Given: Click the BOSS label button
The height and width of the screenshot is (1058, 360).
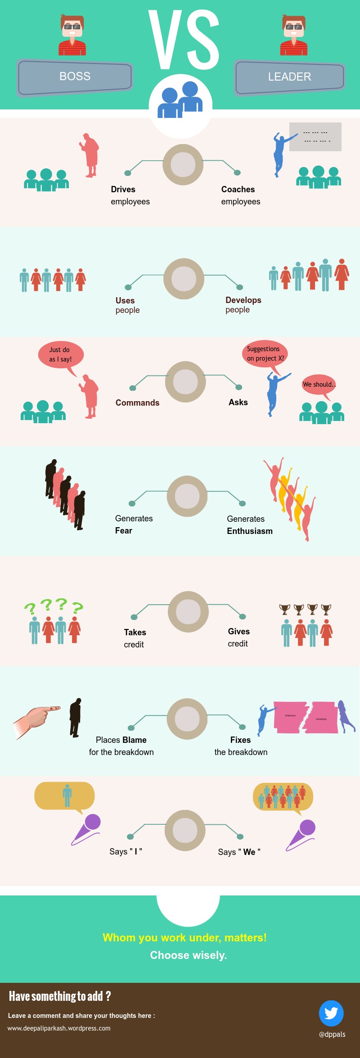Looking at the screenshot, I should click(75, 77).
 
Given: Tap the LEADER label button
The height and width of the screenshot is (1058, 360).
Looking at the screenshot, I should click(289, 77).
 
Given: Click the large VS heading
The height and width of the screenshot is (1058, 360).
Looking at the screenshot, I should click(184, 40).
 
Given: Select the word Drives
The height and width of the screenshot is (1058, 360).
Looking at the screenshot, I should click(123, 190).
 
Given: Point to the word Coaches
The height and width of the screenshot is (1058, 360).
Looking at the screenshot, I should click(238, 190).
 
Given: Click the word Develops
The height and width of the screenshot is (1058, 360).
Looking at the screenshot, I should click(243, 300).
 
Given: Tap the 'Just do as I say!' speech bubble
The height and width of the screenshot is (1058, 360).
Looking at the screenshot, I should click(60, 354).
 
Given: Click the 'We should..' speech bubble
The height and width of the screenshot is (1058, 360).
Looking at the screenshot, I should click(319, 384).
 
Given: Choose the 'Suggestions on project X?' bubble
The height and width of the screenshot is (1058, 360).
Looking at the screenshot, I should click(265, 354).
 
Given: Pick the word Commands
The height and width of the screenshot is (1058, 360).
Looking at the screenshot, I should click(137, 403).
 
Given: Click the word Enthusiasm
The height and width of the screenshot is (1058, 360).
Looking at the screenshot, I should click(249, 531).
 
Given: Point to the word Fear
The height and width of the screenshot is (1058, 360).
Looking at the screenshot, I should click(123, 531).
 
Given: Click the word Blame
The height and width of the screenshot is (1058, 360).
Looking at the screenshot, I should click(134, 740).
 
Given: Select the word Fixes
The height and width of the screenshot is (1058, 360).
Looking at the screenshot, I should click(240, 740).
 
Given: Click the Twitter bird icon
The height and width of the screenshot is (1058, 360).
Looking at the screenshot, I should click(331, 1013).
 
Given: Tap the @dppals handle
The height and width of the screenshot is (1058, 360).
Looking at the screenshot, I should click(332, 1034).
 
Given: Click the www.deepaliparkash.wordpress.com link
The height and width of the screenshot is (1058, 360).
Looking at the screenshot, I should click(59, 1028).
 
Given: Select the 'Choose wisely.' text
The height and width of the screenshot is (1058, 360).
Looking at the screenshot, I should click(188, 955).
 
